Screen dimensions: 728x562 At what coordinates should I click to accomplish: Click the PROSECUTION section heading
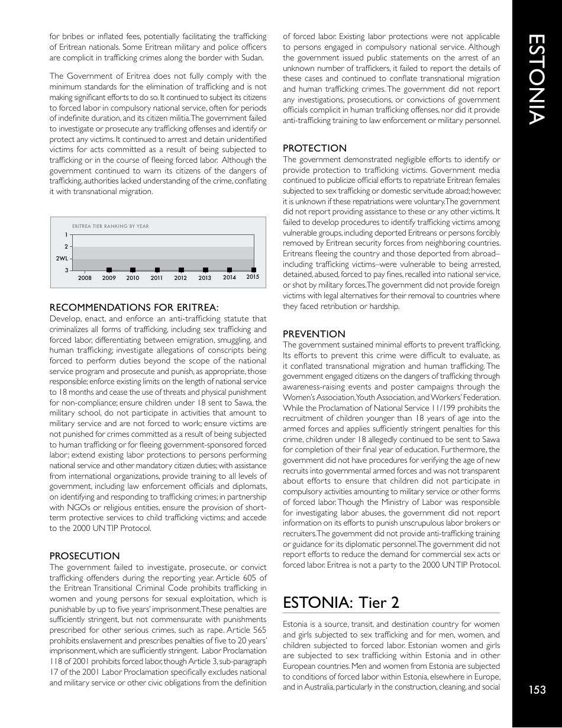[x=85, y=556]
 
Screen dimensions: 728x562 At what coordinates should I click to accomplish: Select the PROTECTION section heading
[x=315, y=148]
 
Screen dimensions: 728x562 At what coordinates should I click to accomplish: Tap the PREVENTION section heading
[x=314, y=334]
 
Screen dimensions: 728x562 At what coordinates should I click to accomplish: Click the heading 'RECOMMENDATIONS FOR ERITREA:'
[x=134, y=307]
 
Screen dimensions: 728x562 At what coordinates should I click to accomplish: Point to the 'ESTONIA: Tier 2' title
[x=341, y=603]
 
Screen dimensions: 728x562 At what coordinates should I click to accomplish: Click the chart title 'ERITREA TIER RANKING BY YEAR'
[x=110, y=226]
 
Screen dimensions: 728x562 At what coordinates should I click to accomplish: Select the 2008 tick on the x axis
[x=85, y=278]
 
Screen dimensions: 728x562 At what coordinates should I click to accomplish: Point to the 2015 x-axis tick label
[x=253, y=277]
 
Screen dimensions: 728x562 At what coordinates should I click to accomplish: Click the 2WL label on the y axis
[x=62, y=259]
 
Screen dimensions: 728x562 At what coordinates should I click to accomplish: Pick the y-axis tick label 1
[x=66, y=235]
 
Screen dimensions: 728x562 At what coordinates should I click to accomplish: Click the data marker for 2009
[x=109, y=270]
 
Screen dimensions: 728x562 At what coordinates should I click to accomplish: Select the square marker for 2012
[x=181, y=270]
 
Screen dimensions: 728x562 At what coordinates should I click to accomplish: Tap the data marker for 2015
[x=253, y=270]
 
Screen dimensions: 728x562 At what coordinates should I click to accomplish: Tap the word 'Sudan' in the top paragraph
[x=250, y=57]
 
